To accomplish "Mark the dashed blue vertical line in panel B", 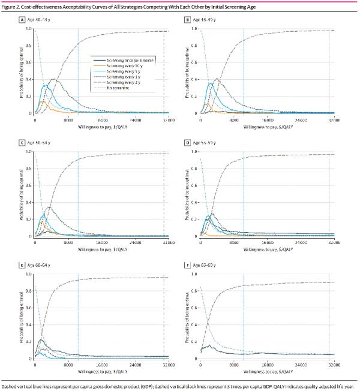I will tap(244, 72).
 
